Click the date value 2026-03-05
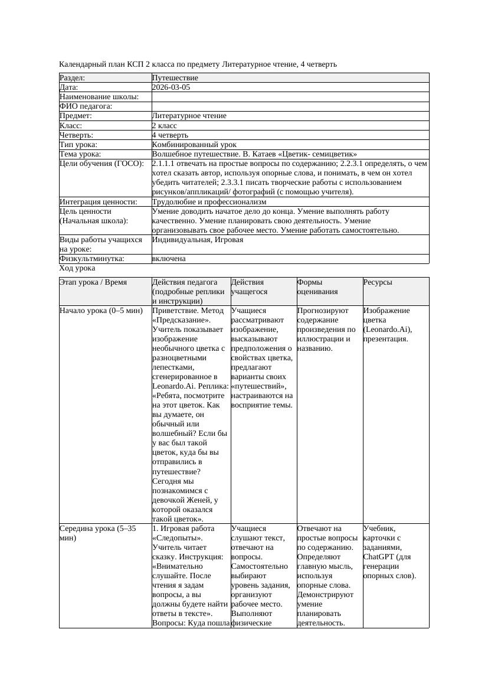(171, 87)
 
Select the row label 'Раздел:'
(73, 78)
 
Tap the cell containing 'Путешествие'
(175, 78)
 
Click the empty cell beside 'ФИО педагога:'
(290, 106)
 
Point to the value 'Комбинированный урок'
(194, 144)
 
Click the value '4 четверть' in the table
(171, 135)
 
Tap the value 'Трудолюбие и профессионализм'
(209, 202)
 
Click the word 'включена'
(169, 259)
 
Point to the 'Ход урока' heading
(77, 268)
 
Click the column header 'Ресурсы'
(378, 283)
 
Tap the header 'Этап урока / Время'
(93, 283)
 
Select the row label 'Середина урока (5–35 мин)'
(97, 533)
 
